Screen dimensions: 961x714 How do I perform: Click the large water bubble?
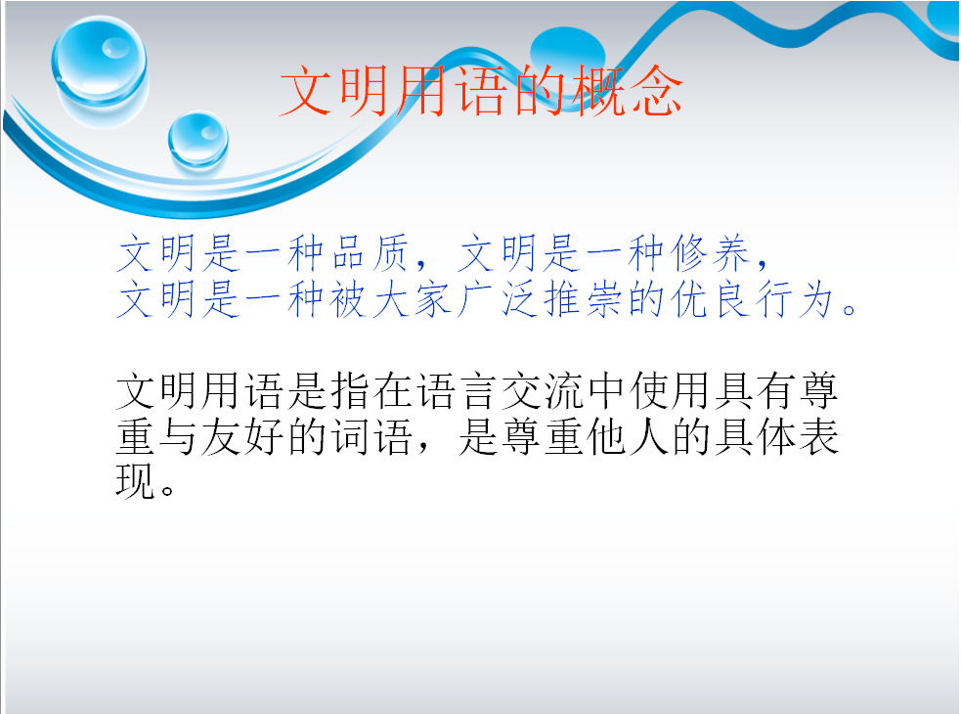pyautogui.click(x=100, y=60)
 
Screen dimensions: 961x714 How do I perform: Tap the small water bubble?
pyautogui.click(x=197, y=139)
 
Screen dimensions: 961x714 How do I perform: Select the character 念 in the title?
pyautogui.click(x=657, y=91)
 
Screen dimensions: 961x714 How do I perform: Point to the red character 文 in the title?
pyautogui.click(x=306, y=91)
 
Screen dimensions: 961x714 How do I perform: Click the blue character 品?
pyautogui.click(x=347, y=252)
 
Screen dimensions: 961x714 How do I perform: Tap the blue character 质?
pyautogui.click(x=390, y=252)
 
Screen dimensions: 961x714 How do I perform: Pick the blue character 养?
pyautogui.click(x=730, y=252)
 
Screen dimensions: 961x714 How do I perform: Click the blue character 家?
pyautogui.click(x=433, y=299)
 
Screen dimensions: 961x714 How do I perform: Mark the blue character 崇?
pyautogui.click(x=603, y=299)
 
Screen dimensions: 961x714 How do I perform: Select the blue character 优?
pyautogui.click(x=687, y=299)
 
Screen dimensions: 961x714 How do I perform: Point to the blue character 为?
pyautogui.click(x=815, y=299)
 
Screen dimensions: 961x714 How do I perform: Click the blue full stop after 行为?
pyautogui.click(x=850, y=308)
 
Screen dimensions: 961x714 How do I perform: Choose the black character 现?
pyautogui.click(x=135, y=481)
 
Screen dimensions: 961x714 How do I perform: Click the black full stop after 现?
pyautogui.click(x=168, y=489)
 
